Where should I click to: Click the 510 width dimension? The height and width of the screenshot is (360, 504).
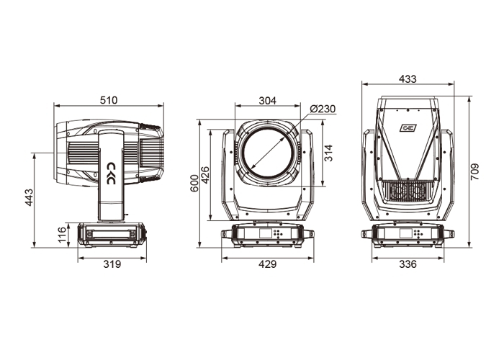pyautogui.click(x=109, y=100)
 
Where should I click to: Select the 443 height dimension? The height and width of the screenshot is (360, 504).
pyautogui.click(x=29, y=197)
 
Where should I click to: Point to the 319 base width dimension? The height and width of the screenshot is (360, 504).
pyautogui.click(x=112, y=264)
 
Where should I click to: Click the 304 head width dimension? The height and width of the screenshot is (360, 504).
pyautogui.click(x=267, y=101)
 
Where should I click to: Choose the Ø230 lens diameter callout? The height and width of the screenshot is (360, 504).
pyautogui.click(x=323, y=109)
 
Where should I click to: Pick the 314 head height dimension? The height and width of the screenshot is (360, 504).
pyautogui.click(x=328, y=153)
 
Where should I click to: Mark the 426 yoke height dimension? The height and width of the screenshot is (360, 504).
pyautogui.click(x=204, y=175)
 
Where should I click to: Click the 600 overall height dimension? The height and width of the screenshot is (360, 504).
pyautogui.click(x=194, y=183)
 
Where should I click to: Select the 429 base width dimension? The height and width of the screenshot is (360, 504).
pyautogui.click(x=267, y=264)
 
